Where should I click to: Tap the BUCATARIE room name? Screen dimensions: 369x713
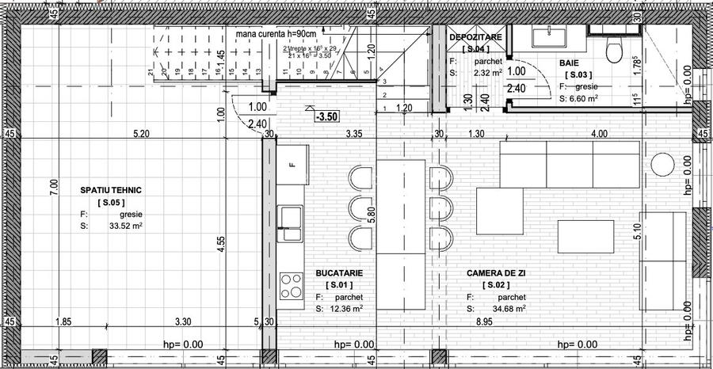(339, 272)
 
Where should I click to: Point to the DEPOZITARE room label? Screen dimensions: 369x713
(476, 37)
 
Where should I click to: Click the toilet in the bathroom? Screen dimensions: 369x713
(612, 51)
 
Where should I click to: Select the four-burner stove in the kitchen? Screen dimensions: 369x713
(291, 283)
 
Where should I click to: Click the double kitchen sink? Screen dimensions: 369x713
(291, 221)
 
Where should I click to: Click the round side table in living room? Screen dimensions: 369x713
(663, 164)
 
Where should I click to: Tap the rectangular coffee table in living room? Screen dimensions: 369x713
(585, 235)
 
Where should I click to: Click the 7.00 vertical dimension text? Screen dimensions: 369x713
(53, 188)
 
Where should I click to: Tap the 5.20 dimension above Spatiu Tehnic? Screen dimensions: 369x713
(141, 134)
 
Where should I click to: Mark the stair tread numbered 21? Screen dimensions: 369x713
(151, 73)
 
